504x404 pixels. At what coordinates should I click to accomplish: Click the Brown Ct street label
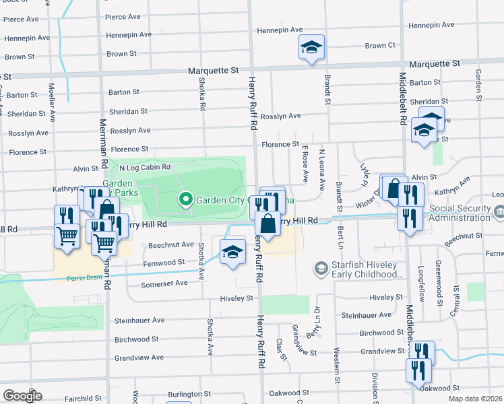click(380, 46)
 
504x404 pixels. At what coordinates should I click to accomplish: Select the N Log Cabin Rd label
click(145, 167)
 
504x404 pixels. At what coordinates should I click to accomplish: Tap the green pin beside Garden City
click(185, 199)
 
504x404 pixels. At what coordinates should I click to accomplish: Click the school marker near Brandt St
click(311, 48)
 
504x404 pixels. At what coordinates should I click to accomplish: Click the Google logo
click(22, 396)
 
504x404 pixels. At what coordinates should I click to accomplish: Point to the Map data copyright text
click(475, 399)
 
